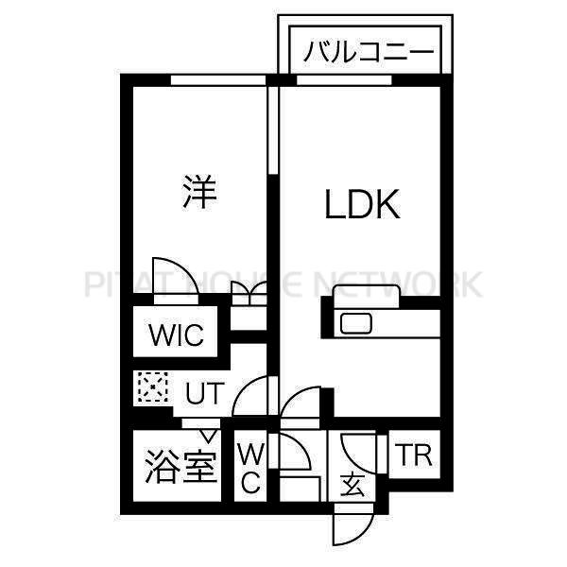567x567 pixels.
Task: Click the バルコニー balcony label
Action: [x=369, y=52]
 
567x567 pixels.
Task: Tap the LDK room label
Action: [x=363, y=204]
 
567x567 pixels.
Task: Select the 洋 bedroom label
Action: [x=199, y=192]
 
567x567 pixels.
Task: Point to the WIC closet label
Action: [x=176, y=335]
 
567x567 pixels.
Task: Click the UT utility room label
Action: [x=205, y=393]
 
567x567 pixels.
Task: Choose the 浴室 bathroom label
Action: [x=180, y=467]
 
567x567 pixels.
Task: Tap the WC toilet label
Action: [x=250, y=468]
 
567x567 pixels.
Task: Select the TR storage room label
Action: [x=414, y=455]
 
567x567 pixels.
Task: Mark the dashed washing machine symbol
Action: [x=152, y=387]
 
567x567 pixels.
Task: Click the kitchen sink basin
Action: [x=356, y=323]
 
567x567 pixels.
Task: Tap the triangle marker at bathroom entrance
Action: [x=208, y=436]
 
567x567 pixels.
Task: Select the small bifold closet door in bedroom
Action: [x=249, y=289]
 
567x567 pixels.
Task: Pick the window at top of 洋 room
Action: [x=218, y=80]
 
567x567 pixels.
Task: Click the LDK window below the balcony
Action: [x=344, y=80]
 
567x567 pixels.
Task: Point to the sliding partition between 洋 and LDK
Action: [x=274, y=130]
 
